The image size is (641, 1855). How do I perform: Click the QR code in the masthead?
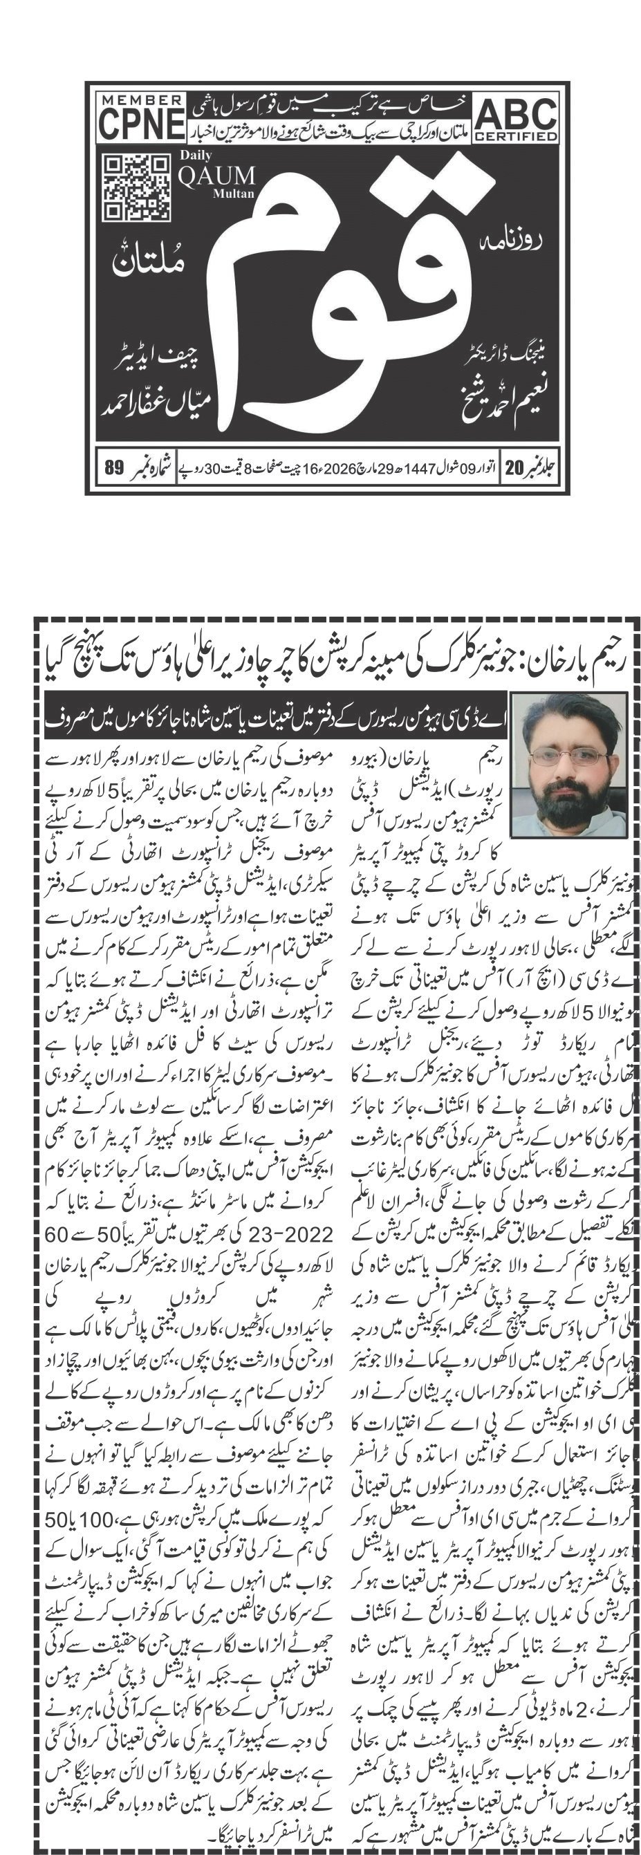tap(137, 187)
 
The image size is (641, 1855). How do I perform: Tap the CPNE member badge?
tap(140, 118)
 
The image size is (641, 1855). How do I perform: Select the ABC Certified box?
tap(517, 119)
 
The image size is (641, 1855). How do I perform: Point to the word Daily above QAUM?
tap(195, 155)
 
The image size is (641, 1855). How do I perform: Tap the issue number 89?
tap(114, 468)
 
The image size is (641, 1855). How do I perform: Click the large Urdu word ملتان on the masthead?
tap(149, 260)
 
